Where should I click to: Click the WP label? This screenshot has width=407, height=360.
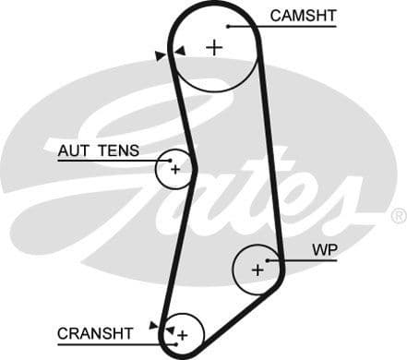[x=325, y=249]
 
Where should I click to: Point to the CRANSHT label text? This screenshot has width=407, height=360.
[x=94, y=332]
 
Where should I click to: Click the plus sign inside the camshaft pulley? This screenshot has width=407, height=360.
[x=214, y=47]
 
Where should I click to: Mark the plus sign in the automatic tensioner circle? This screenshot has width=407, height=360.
[x=174, y=168]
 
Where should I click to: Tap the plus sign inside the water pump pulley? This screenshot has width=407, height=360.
[x=257, y=270]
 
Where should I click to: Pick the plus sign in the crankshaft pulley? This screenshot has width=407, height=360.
[x=183, y=334]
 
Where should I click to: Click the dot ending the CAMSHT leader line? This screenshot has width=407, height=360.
[x=228, y=26]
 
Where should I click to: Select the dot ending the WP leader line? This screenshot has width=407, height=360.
[x=268, y=260]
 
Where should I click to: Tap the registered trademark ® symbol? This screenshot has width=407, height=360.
[x=398, y=216]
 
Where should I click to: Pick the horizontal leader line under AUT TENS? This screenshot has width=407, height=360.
[x=102, y=161]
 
